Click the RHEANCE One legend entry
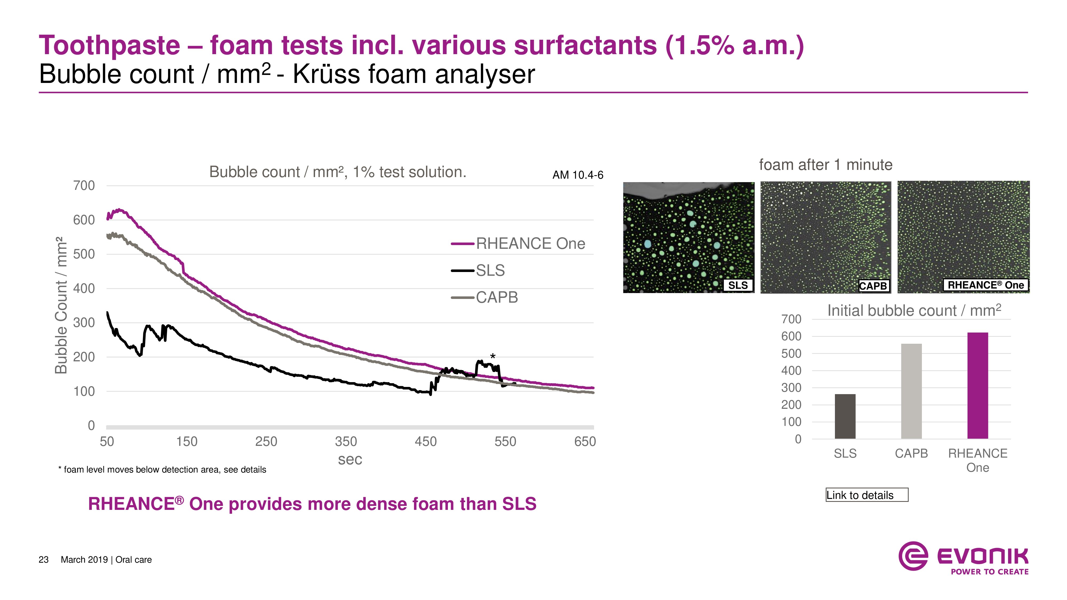(x=518, y=243)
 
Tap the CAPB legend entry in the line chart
(x=485, y=297)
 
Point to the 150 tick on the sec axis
(x=186, y=441)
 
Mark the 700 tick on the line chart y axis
(x=84, y=186)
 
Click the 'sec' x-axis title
(x=350, y=459)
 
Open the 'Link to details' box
(x=866, y=495)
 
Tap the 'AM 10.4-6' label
(x=578, y=175)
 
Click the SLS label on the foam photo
(x=738, y=285)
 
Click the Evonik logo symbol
(x=913, y=556)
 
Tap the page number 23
(x=43, y=560)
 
